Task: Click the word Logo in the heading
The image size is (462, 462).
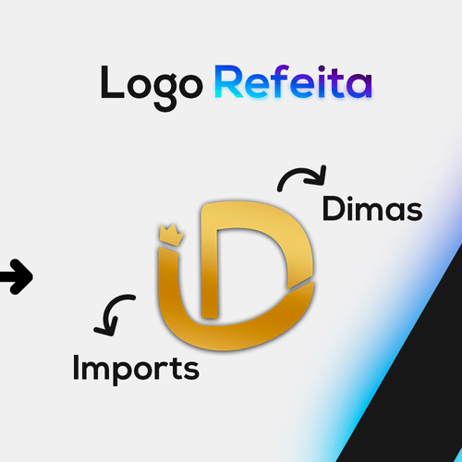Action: click(x=152, y=88)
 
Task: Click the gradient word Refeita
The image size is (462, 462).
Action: click(x=294, y=81)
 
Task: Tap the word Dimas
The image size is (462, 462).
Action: click(x=372, y=209)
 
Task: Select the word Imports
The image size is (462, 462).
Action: click(x=136, y=370)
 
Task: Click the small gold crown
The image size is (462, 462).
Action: click(x=171, y=235)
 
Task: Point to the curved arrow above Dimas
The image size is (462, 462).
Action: click(x=302, y=177)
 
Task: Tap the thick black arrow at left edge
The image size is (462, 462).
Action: click(x=17, y=276)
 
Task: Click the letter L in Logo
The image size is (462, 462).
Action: click(x=112, y=81)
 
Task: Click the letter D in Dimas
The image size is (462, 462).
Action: click(x=334, y=209)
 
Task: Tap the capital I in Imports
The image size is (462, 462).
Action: click(x=76, y=367)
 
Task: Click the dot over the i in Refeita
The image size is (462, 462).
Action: click(x=322, y=68)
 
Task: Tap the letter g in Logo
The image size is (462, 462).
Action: click(x=165, y=92)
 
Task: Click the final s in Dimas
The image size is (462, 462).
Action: click(x=415, y=212)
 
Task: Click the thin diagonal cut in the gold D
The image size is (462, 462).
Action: click(x=300, y=286)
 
